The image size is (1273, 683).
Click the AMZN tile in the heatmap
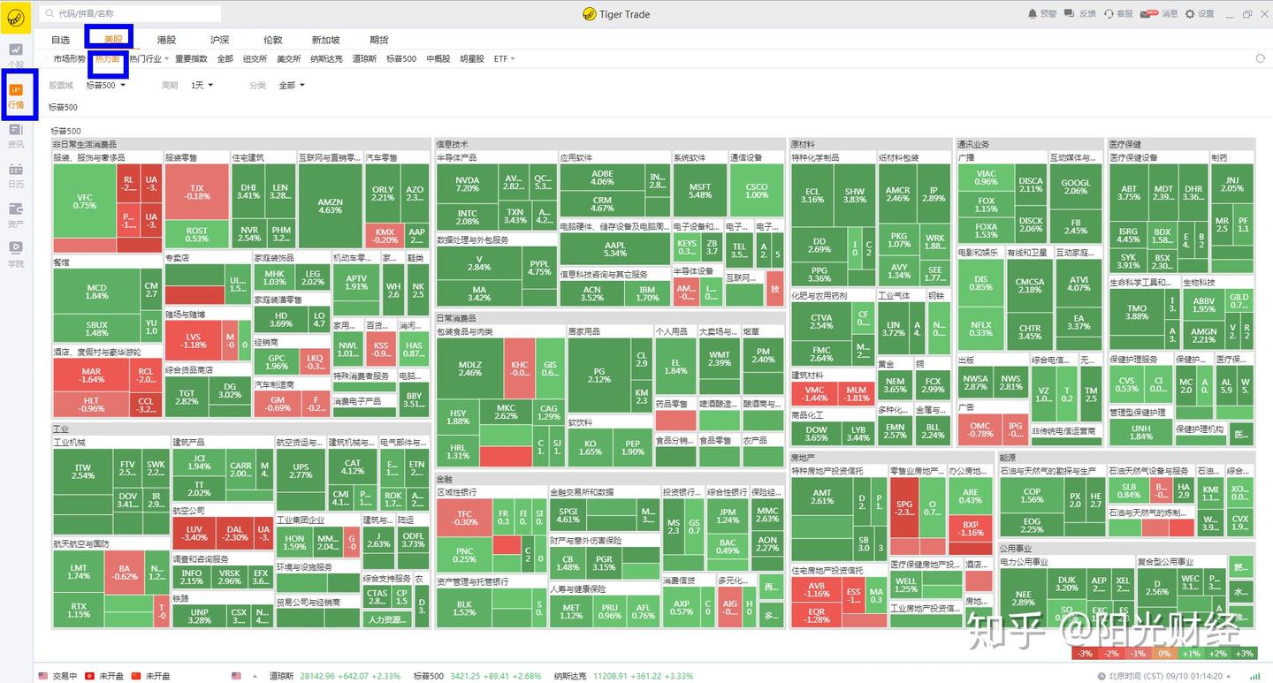[x=330, y=206]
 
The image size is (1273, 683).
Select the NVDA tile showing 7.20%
[x=467, y=183]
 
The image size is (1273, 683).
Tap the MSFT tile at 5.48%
[x=699, y=190]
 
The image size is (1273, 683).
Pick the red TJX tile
[x=196, y=192]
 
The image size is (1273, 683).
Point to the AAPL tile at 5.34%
[x=614, y=249]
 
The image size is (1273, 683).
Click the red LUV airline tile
[x=194, y=533]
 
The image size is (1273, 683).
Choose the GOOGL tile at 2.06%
[x=1075, y=186]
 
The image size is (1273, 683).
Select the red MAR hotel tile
[x=91, y=376]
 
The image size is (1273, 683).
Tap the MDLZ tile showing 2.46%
[x=469, y=368]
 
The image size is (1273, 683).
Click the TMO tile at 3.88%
[x=1136, y=312]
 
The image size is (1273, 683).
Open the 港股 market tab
[x=166, y=40]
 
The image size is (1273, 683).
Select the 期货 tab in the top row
[x=378, y=40]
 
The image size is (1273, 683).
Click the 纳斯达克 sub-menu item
[x=326, y=59]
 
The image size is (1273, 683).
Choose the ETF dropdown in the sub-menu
[x=504, y=59]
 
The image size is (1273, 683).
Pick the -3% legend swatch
[x=1084, y=653]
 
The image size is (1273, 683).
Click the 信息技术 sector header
[x=453, y=144]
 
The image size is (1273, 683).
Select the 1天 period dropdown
[x=200, y=86]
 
